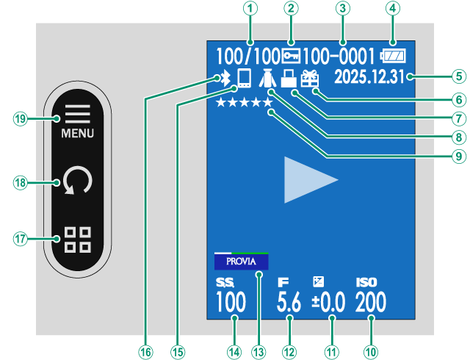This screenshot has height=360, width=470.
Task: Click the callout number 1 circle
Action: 252,10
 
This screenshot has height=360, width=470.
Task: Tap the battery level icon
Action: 392,55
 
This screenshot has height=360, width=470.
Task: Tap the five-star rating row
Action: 245,103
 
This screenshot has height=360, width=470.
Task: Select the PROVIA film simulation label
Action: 241,261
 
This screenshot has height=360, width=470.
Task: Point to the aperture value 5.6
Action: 289,302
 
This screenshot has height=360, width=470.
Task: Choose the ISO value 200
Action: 371,302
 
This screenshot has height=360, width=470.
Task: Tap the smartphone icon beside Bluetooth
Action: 244,79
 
